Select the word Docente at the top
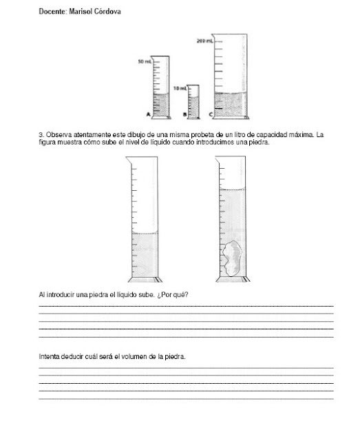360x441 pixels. point(52,11)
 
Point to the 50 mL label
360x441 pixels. point(144,62)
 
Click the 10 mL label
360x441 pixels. point(180,89)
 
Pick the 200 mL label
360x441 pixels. point(206,41)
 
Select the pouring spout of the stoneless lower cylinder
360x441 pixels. point(129,161)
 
